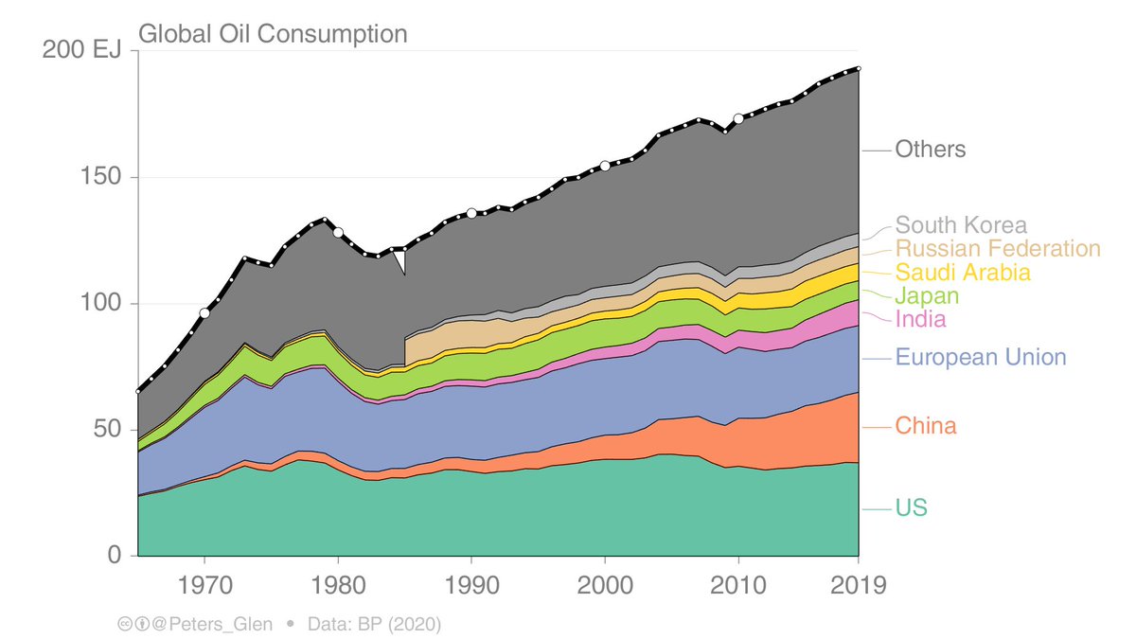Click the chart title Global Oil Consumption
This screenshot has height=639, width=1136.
[x=273, y=34]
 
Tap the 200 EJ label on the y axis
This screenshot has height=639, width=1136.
[x=82, y=50]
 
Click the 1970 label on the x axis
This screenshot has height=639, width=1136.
[x=204, y=584]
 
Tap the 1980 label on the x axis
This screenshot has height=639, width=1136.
[x=338, y=584]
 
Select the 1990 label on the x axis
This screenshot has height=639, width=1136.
[x=471, y=584]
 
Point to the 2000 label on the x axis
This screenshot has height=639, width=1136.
[x=605, y=584]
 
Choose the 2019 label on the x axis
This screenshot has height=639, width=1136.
[x=857, y=584]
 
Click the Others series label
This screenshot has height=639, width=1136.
[x=931, y=150]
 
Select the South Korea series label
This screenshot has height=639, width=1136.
[x=961, y=225]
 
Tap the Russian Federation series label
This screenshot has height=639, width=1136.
[x=998, y=249]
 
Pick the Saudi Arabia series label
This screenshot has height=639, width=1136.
[x=963, y=273]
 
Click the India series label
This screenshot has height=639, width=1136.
[x=920, y=319]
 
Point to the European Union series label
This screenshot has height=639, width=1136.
[x=981, y=358]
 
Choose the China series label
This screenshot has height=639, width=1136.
[x=926, y=426]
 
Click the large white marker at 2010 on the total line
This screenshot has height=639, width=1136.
[x=738, y=118]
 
